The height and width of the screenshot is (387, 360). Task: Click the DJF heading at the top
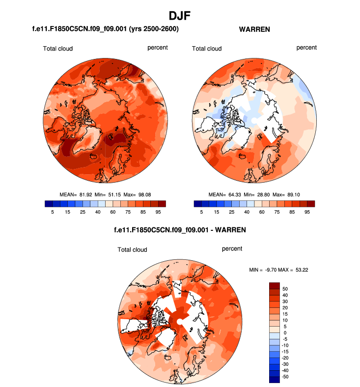(180, 16)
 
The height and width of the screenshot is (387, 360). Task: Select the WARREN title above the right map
(254, 29)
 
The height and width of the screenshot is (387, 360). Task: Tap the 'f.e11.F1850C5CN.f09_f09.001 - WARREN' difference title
(180, 229)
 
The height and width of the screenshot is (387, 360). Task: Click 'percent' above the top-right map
(306, 48)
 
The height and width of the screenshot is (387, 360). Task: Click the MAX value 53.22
(299, 270)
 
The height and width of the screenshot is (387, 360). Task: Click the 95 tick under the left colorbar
(158, 212)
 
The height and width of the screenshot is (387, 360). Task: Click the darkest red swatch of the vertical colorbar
(275, 285)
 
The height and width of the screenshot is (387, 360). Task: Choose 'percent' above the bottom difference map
(232, 249)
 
